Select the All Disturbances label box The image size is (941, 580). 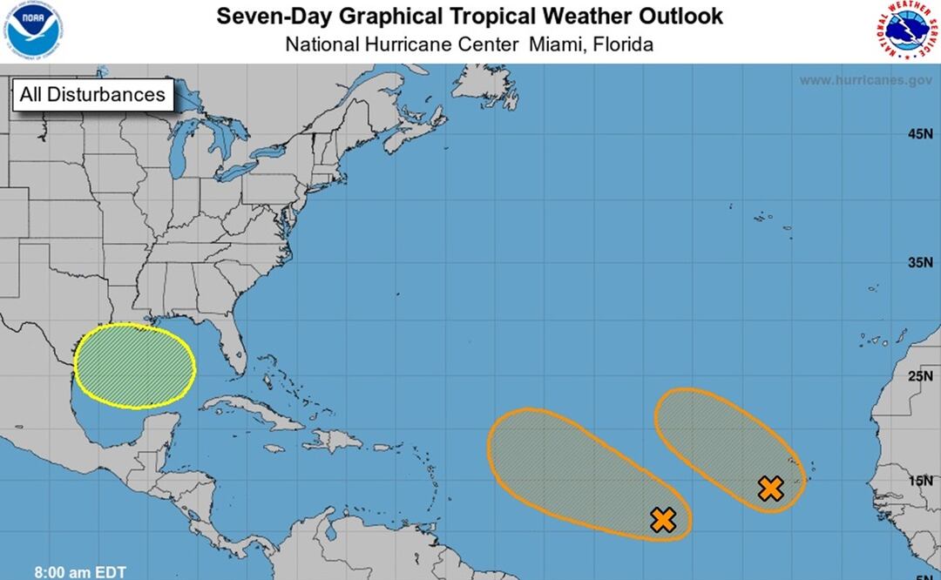click(92, 94)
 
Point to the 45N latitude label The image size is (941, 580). click(919, 134)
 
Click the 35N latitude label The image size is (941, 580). click(919, 263)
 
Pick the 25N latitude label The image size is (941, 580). click(919, 376)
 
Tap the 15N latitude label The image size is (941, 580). click(919, 480)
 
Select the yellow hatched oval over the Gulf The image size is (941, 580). click(134, 366)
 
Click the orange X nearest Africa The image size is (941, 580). click(770, 489)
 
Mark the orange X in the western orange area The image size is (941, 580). click(664, 520)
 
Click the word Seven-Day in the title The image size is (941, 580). click(267, 16)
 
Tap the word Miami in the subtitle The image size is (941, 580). click(554, 44)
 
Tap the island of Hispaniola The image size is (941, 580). click(335, 439)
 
